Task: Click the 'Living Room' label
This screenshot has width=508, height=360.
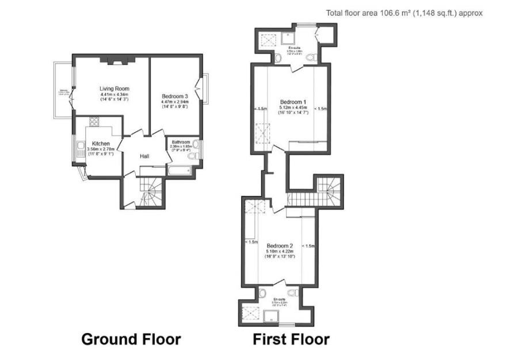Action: coord(114,89)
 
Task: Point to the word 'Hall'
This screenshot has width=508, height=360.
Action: coord(146,155)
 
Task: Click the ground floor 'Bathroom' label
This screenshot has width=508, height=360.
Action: coord(179,141)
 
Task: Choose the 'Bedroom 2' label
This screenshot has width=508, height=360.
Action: coord(280,246)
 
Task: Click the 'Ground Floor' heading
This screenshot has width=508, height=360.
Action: coord(131,339)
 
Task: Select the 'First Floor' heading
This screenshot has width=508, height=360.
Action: coord(291,339)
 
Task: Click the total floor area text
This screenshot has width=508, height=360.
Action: coord(404,13)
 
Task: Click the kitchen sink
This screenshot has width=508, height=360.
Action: coord(81,151)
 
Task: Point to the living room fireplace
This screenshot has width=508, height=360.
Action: coord(116,59)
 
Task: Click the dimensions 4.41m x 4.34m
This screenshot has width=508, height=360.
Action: coord(114,94)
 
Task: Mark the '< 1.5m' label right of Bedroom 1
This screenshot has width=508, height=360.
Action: coord(320,109)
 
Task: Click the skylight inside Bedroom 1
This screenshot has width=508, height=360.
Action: coord(262,134)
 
